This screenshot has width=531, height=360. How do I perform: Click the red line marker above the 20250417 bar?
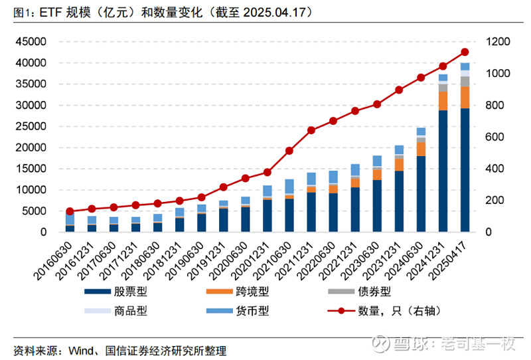tap(465, 52)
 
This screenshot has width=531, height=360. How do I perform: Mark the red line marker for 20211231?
tap(311, 130)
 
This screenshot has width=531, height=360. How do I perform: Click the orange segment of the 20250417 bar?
tap(465, 97)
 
